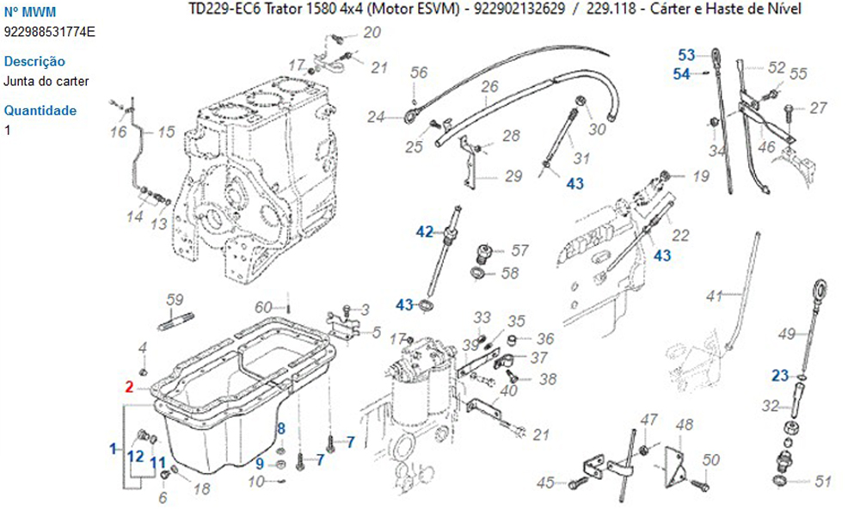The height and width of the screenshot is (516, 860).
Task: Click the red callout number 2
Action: point(129,387)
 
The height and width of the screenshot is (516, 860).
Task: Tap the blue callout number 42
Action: point(425,231)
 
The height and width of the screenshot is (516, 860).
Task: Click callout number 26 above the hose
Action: point(489,86)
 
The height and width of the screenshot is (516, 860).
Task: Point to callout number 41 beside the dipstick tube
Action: point(714,297)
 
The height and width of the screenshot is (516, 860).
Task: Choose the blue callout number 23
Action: point(779,375)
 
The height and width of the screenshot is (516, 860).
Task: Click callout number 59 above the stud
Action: point(175,299)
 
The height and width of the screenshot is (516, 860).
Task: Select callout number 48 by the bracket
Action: point(685,424)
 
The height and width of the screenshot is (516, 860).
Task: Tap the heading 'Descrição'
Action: point(34,62)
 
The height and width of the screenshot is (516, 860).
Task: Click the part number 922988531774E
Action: point(50,32)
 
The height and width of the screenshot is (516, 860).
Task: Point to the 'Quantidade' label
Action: point(40,111)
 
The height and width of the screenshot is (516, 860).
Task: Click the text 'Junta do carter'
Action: point(46,82)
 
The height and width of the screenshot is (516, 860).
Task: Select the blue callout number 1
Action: point(113,448)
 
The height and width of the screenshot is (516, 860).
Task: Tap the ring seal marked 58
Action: point(476,274)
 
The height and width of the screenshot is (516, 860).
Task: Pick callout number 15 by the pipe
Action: point(165,132)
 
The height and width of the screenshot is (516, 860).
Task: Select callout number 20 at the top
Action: point(372,34)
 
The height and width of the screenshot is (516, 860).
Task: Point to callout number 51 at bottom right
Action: point(823,482)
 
